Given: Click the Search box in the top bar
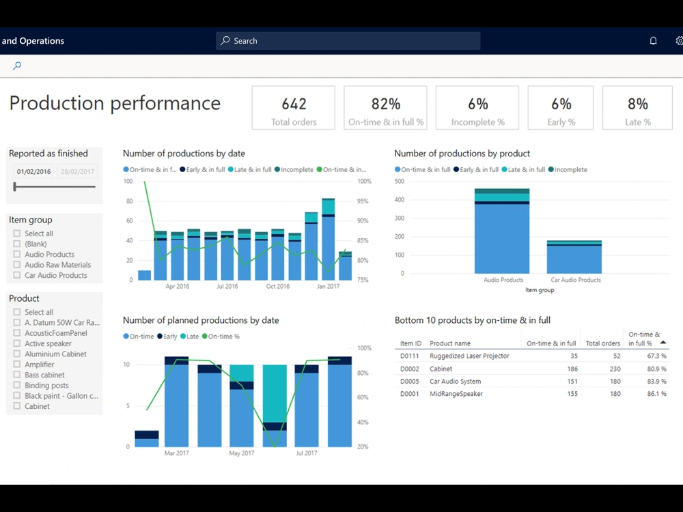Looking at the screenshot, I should (348, 41).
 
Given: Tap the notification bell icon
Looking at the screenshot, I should (653, 41).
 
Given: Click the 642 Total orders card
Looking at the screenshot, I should (294, 108).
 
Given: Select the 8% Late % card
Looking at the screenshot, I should (637, 108).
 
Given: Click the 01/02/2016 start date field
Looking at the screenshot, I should (34, 172).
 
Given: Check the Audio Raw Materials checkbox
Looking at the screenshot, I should (17, 265).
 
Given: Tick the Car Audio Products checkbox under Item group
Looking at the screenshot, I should (17, 275).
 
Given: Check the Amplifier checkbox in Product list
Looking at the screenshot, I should (17, 365).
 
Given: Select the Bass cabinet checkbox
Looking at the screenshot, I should (17, 375).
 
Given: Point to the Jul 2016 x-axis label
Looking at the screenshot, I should (227, 287).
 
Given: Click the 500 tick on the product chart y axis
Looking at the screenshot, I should (400, 182).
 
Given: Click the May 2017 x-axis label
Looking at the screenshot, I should (242, 453).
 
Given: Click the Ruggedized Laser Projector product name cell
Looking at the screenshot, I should (469, 356).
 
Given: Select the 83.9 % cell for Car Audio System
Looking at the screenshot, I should (656, 382).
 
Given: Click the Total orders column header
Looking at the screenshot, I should (602, 343).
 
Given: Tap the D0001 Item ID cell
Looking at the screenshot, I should (410, 394).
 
